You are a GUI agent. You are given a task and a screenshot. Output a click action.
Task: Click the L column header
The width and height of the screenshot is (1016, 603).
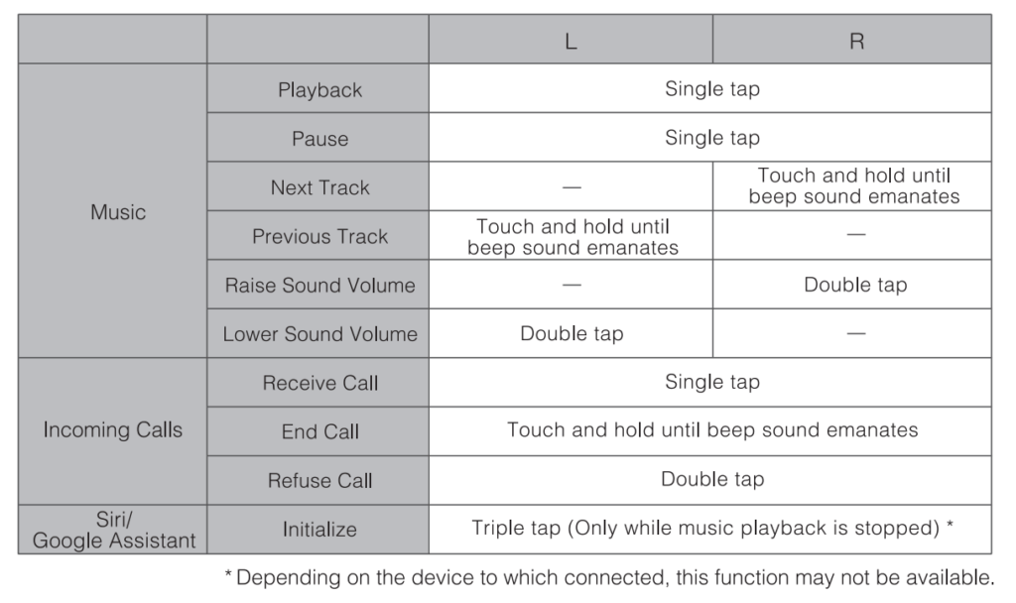pyautogui.click(x=571, y=41)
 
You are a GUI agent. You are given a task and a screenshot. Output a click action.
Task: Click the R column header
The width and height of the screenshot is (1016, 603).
pyautogui.click(x=856, y=41)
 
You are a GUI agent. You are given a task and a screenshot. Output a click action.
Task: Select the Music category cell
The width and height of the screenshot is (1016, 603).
pyautogui.click(x=117, y=212)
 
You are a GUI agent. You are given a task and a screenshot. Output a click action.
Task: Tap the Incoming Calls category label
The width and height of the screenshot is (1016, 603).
pyautogui.click(x=113, y=430)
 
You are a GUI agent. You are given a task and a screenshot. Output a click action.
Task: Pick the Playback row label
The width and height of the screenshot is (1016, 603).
pyautogui.click(x=319, y=90)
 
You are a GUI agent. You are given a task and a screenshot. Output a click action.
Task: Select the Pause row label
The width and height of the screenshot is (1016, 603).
pyautogui.click(x=319, y=139)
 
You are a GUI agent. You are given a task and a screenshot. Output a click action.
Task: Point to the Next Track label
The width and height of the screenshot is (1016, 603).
pyautogui.click(x=319, y=187)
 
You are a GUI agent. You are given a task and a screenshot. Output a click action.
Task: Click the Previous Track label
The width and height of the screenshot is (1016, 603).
pyautogui.click(x=319, y=237)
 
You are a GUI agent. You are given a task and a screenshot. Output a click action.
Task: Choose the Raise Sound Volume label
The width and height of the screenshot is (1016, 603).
pyautogui.click(x=319, y=286)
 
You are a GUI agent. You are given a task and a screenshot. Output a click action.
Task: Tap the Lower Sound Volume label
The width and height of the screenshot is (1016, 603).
pyautogui.click(x=319, y=334)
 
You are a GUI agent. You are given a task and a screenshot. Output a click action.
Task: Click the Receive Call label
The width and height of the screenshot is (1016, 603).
pyautogui.click(x=319, y=383)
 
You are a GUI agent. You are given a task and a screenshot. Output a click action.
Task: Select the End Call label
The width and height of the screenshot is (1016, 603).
pyautogui.click(x=319, y=432)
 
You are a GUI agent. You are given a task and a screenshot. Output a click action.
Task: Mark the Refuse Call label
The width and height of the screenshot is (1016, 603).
pyautogui.click(x=319, y=481)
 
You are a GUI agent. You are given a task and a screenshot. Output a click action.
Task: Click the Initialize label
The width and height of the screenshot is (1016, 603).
pyautogui.click(x=319, y=530)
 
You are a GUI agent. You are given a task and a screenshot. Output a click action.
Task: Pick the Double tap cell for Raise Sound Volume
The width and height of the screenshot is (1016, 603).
pyautogui.click(x=855, y=286)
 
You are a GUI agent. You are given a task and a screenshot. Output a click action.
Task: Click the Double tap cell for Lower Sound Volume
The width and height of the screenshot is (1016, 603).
pyautogui.click(x=571, y=334)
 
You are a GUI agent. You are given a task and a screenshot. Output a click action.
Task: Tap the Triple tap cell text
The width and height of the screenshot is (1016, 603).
pyautogui.click(x=712, y=529)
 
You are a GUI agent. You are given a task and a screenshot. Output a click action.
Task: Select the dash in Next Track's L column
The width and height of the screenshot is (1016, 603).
pyautogui.click(x=571, y=187)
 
